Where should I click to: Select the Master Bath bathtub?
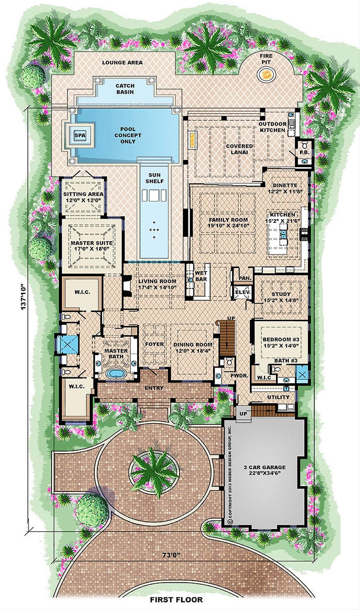(x=116, y=373)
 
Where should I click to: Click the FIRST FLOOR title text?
(x=176, y=600)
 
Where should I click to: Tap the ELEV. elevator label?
(x=242, y=292)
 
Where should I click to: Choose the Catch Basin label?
(x=125, y=89)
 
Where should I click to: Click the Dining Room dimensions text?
(x=193, y=351)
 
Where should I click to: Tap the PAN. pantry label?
(x=245, y=278)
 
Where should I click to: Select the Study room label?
(x=281, y=294)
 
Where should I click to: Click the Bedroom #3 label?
(x=281, y=339)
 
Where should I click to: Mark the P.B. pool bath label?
(x=304, y=153)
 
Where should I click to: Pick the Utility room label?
(x=278, y=397)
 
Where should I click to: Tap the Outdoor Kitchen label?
(x=272, y=127)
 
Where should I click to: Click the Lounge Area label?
(x=122, y=63)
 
